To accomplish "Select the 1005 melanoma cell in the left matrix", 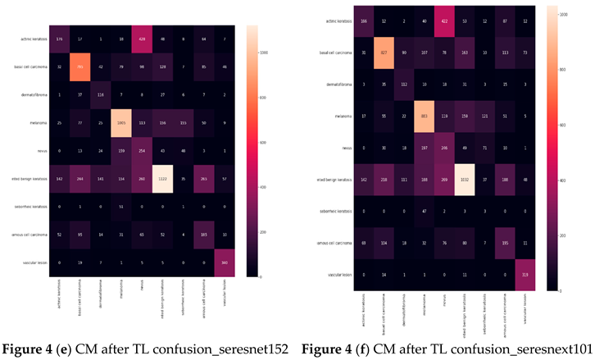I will point(120,121).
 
